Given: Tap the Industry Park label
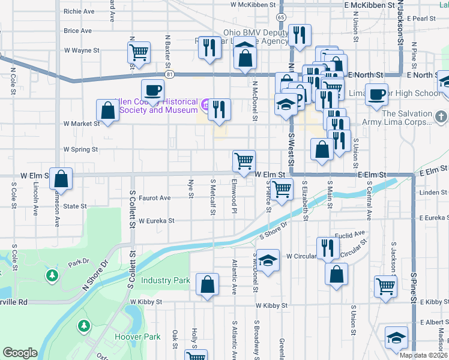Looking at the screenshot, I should (x=165, y=280).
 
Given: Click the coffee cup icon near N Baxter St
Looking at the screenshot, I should (x=152, y=90).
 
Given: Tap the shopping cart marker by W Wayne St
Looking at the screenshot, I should (x=139, y=52).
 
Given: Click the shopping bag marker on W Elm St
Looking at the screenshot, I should (x=61, y=178).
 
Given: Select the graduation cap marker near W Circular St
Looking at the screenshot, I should (x=268, y=260).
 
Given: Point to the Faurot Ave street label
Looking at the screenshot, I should (x=155, y=197).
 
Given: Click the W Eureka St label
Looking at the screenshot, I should (x=156, y=221).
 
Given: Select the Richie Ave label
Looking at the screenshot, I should (x=79, y=11).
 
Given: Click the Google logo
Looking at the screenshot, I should (x=20, y=353).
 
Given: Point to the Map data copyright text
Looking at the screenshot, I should (x=423, y=355).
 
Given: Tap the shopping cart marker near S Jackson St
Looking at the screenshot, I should (x=385, y=286).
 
